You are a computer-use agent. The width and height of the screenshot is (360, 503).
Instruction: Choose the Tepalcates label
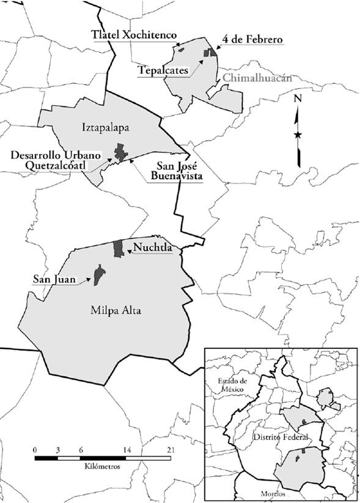pos(163,69)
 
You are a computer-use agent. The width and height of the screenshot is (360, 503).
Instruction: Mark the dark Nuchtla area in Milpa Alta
pos(118,248)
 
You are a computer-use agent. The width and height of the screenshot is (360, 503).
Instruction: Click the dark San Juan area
pos(97,274)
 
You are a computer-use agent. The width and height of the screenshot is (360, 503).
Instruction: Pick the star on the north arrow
pos(298,134)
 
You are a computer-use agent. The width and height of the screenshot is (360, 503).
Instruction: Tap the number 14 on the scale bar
pos(127,450)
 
